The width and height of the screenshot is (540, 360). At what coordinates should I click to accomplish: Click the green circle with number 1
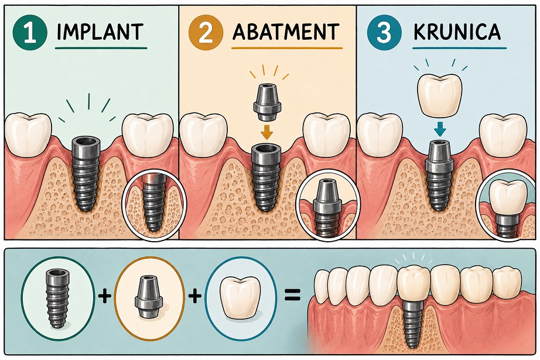30,32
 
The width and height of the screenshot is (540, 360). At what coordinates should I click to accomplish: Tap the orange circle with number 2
206,32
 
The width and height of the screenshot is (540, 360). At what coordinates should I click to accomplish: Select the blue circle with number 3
384,32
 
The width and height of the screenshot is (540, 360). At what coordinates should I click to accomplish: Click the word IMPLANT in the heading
100,32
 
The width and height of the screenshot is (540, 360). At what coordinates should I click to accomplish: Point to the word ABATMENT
286,32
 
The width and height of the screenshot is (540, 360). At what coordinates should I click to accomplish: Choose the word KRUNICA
457,32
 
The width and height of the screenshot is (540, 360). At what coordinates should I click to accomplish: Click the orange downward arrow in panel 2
265,132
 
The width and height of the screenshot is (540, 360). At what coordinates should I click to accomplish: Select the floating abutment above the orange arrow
266,102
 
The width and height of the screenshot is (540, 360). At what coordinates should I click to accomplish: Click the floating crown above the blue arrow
439,95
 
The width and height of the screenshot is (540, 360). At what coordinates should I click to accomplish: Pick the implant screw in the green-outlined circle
57,299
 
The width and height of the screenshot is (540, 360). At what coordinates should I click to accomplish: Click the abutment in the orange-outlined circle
148,297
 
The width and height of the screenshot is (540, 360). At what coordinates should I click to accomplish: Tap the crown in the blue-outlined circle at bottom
240,297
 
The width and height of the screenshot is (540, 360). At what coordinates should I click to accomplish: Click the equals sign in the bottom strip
292,295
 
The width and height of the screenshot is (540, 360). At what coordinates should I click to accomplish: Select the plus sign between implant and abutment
104,295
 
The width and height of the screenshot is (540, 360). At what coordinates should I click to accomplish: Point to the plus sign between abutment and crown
195,295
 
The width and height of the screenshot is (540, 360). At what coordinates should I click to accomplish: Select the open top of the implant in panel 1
86,141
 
